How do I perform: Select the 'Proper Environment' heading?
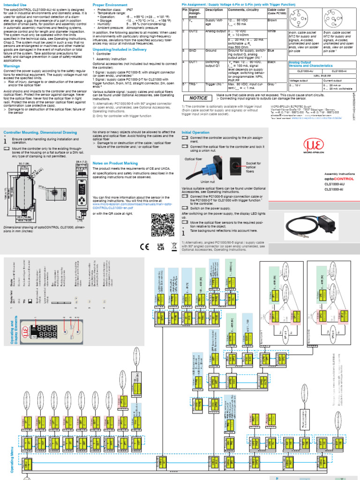[109, 4]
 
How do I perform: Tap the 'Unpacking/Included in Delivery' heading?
[120, 49]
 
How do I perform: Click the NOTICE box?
[198, 98]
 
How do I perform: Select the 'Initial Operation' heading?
[195, 133]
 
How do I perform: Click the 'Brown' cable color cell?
[272, 21]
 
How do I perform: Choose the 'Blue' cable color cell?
[271, 50]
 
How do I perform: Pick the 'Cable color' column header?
[276, 10]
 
